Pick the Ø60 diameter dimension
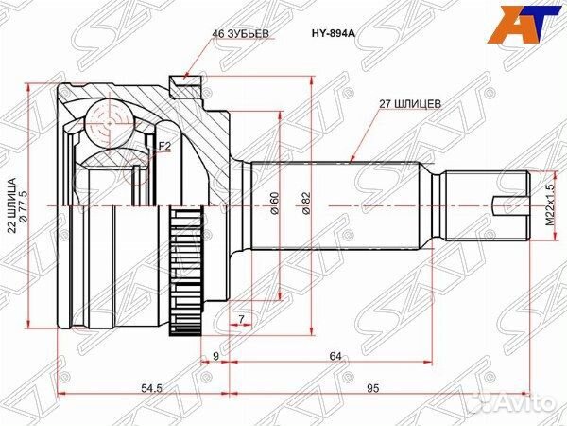pyautogui.click(x=273, y=203)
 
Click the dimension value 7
pyautogui.click(x=242, y=319)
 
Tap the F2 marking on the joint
pyautogui.click(x=164, y=146)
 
